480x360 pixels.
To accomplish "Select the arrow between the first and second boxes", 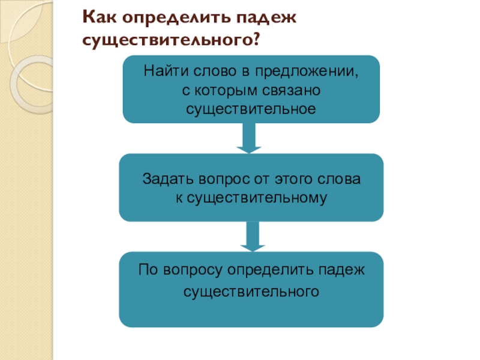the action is click(249, 138).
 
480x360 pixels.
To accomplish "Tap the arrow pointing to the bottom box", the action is click(253, 236).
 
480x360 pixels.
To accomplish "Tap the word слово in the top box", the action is click(215, 70).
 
